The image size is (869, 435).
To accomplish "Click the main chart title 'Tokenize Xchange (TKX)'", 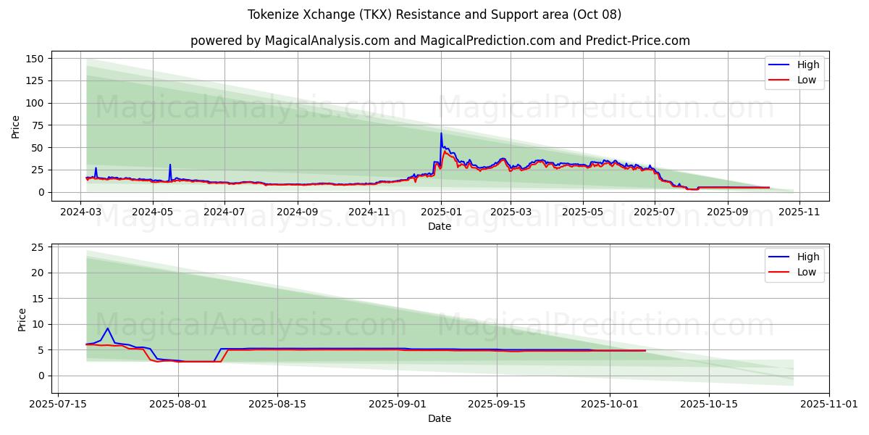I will [x=434, y=14].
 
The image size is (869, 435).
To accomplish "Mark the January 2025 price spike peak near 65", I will [x=441, y=133].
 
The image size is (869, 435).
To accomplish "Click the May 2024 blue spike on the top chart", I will [x=170, y=165].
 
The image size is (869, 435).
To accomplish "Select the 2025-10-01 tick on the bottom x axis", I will [x=610, y=405].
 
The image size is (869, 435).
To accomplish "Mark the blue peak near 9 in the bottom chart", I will [x=107, y=328].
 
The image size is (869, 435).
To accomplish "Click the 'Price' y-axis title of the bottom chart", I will [x=21, y=319].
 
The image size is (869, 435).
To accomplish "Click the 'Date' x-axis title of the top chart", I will [x=439, y=226].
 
